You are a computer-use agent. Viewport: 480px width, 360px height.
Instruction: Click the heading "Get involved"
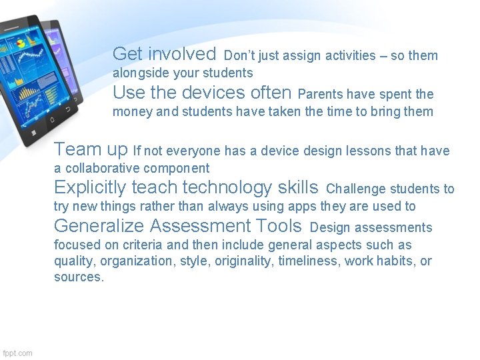click(x=164, y=53)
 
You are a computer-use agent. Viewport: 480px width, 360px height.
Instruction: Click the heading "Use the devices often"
click(x=202, y=92)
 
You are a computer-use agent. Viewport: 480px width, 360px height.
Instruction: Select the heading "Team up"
click(x=91, y=149)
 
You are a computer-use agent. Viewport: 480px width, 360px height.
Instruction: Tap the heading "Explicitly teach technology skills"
click(x=186, y=187)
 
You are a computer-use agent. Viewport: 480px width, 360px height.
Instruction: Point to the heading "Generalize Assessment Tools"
click(x=177, y=226)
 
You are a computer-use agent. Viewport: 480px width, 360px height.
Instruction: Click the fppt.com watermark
click(x=17, y=353)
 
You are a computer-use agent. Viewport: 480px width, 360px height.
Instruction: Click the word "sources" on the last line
click(x=77, y=277)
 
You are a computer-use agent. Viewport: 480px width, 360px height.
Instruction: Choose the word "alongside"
click(x=138, y=73)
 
